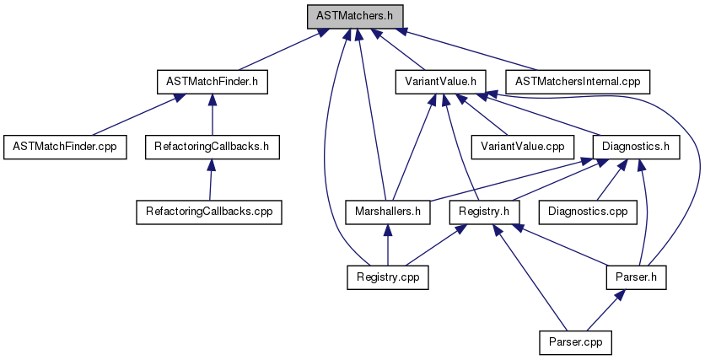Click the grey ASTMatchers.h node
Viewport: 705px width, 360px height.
pyautogui.click(x=354, y=16)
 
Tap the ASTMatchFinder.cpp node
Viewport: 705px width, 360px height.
pyautogui.click(x=64, y=146)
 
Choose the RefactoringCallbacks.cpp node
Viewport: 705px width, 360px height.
pyautogui.click(x=208, y=211)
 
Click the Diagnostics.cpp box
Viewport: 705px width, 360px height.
pyautogui.click(x=589, y=211)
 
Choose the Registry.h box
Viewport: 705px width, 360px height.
pyautogui.click(x=483, y=211)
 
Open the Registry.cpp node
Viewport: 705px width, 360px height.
pyautogui.click(x=387, y=276)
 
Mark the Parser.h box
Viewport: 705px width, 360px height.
pyautogui.click(x=636, y=276)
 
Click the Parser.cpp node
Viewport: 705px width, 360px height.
pyautogui.click(x=574, y=341)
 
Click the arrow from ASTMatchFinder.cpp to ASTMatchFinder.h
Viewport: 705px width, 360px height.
pyautogui.click(x=135, y=114)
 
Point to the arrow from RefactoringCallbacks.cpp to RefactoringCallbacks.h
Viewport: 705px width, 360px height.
pyautogui.click(x=210, y=179)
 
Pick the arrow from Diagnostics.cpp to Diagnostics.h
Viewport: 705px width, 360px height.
pyautogui.click(x=610, y=179)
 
